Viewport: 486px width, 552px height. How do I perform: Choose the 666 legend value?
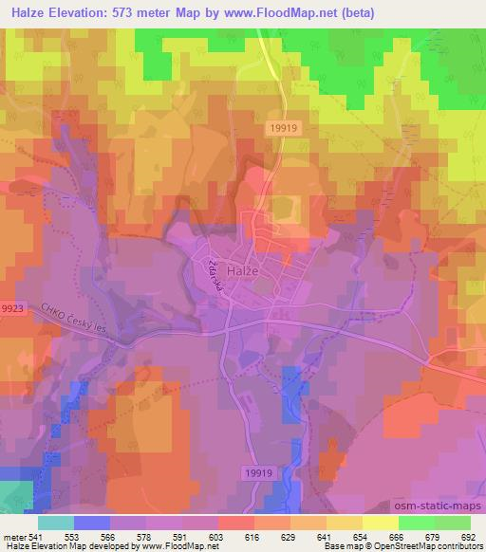pyautogui.click(x=398, y=536)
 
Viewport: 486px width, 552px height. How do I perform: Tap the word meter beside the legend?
pyautogui.click(x=14, y=536)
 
